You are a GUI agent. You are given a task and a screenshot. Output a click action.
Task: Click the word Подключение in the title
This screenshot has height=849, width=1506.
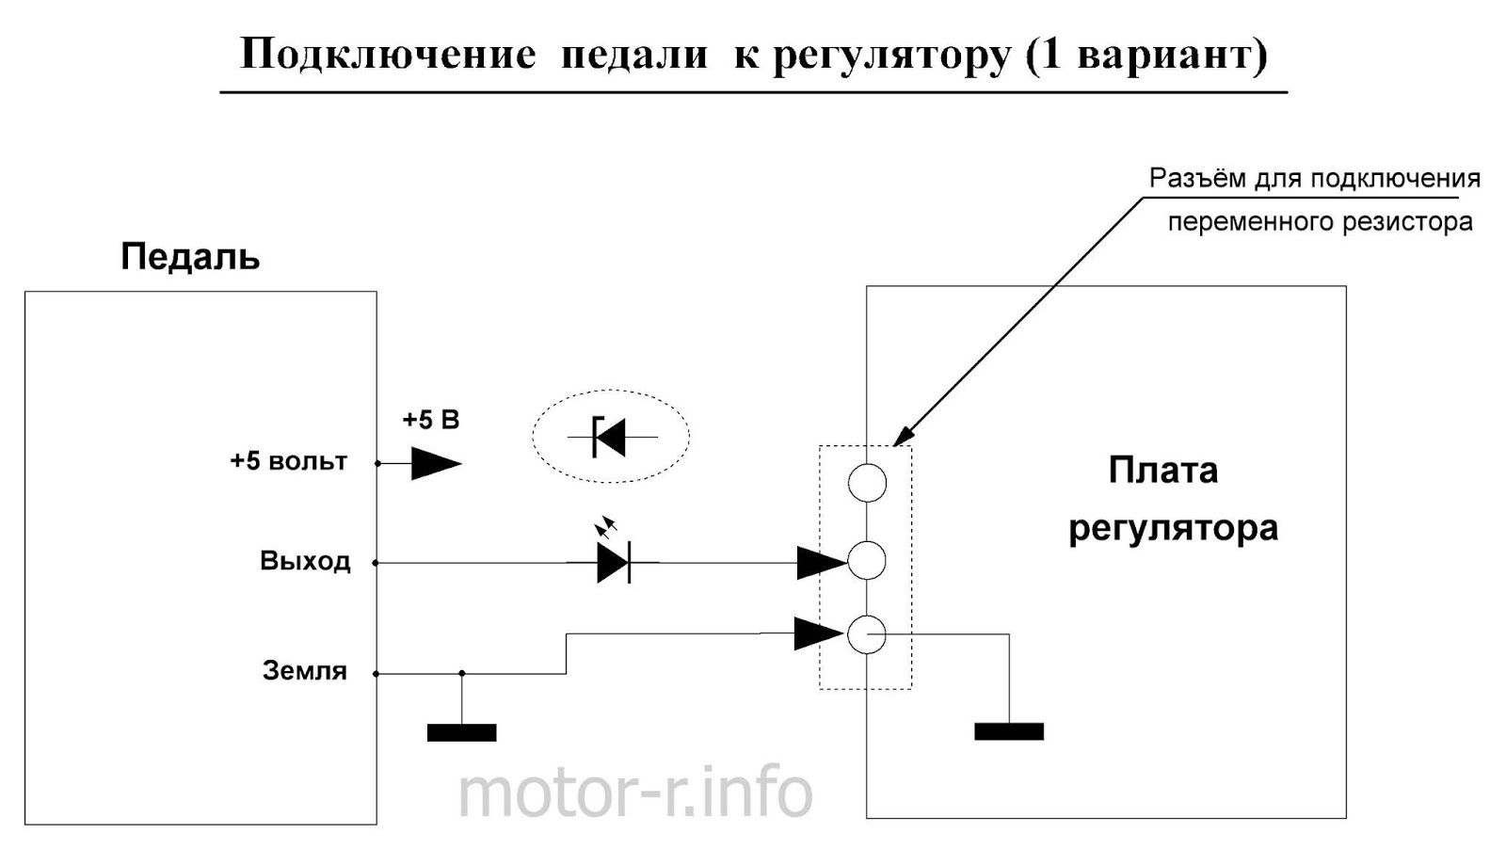[388, 55]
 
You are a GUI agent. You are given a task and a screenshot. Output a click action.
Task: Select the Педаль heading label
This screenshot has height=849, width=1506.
[190, 257]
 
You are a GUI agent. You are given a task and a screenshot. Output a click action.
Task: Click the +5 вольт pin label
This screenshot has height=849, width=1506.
[289, 461]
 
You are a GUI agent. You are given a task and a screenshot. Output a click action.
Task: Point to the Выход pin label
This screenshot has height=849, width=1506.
[305, 561]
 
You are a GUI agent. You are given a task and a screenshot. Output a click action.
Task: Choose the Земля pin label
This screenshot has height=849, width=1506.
[304, 671]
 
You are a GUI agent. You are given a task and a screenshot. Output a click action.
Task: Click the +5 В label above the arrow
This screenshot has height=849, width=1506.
[431, 420]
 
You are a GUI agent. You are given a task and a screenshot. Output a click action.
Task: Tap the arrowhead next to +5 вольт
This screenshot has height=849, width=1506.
[436, 463]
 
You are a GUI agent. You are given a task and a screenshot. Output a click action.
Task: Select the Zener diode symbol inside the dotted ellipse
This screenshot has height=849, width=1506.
[610, 437]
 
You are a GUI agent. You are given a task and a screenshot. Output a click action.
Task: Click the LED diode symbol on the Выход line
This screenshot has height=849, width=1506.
[614, 562]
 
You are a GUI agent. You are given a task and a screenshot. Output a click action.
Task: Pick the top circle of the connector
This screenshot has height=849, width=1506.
[867, 483]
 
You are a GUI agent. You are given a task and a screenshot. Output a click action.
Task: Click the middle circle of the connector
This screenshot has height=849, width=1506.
[867, 561]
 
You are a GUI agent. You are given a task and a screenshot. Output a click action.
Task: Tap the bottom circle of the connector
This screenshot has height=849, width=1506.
[867, 634]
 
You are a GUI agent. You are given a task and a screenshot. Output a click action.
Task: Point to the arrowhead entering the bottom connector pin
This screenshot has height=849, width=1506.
[818, 633]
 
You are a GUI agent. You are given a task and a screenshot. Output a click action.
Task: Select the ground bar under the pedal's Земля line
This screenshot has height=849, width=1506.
[461, 732]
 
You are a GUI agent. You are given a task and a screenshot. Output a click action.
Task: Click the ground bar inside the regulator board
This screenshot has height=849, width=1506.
[1009, 731]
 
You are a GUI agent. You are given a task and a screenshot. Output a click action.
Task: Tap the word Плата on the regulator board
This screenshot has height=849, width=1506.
[1163, 470]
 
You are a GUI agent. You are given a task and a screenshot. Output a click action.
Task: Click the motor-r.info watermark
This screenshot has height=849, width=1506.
[635, 793]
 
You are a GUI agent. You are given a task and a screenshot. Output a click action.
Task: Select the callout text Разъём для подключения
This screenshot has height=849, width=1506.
[1314, 178]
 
